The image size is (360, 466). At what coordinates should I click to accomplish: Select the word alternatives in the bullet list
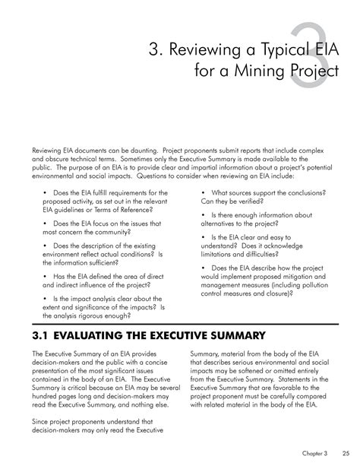click(x=221, y=225)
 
